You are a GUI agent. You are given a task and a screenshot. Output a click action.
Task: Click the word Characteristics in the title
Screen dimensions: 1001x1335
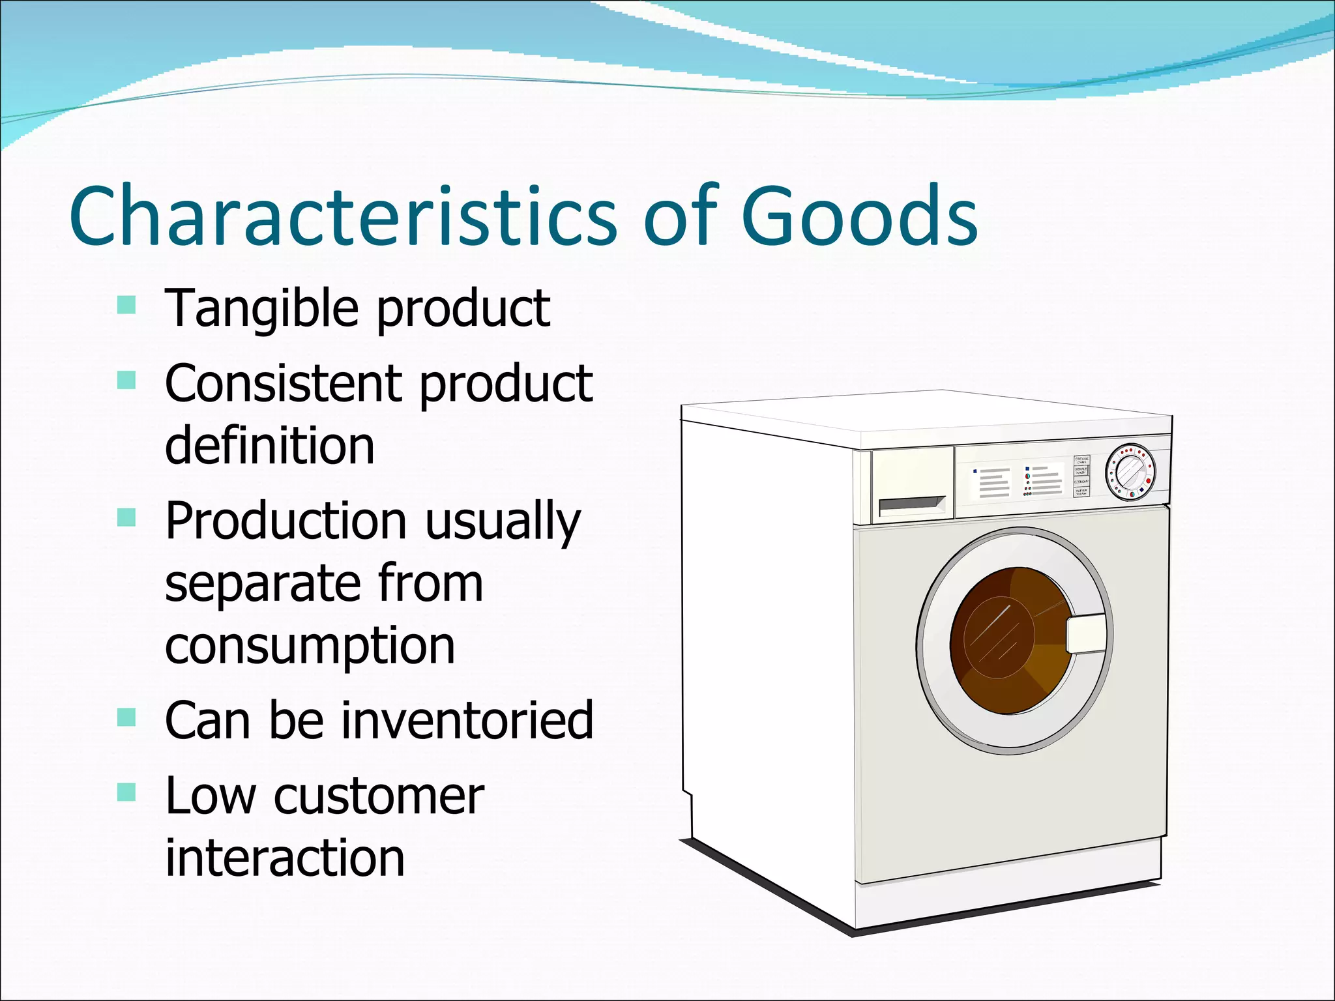point(342,217)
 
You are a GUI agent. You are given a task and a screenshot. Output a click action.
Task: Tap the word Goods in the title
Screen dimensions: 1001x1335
point(858,217)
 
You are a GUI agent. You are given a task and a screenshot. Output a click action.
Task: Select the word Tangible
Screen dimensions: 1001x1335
point(261,309)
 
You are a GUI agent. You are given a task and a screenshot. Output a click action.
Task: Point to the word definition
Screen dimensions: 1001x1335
point(269,446)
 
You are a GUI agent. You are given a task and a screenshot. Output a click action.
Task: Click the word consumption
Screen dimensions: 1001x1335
point(310,646)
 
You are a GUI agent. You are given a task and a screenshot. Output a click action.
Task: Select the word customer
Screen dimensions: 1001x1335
point(379,796)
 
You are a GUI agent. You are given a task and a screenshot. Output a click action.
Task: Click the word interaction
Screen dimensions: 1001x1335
point(285,858)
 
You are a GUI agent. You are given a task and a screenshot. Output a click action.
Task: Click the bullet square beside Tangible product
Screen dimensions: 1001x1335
point(126,305)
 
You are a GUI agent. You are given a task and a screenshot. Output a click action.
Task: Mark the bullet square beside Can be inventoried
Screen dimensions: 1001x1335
point(126,717)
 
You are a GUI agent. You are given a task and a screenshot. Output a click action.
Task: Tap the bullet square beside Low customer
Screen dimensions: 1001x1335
point(126,792)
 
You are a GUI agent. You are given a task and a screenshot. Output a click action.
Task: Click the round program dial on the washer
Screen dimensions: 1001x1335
point(1130,472)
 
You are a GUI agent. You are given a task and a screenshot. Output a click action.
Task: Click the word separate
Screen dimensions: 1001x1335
point(261,584)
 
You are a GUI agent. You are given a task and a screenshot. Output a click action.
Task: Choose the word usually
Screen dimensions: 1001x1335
point(503,522)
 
